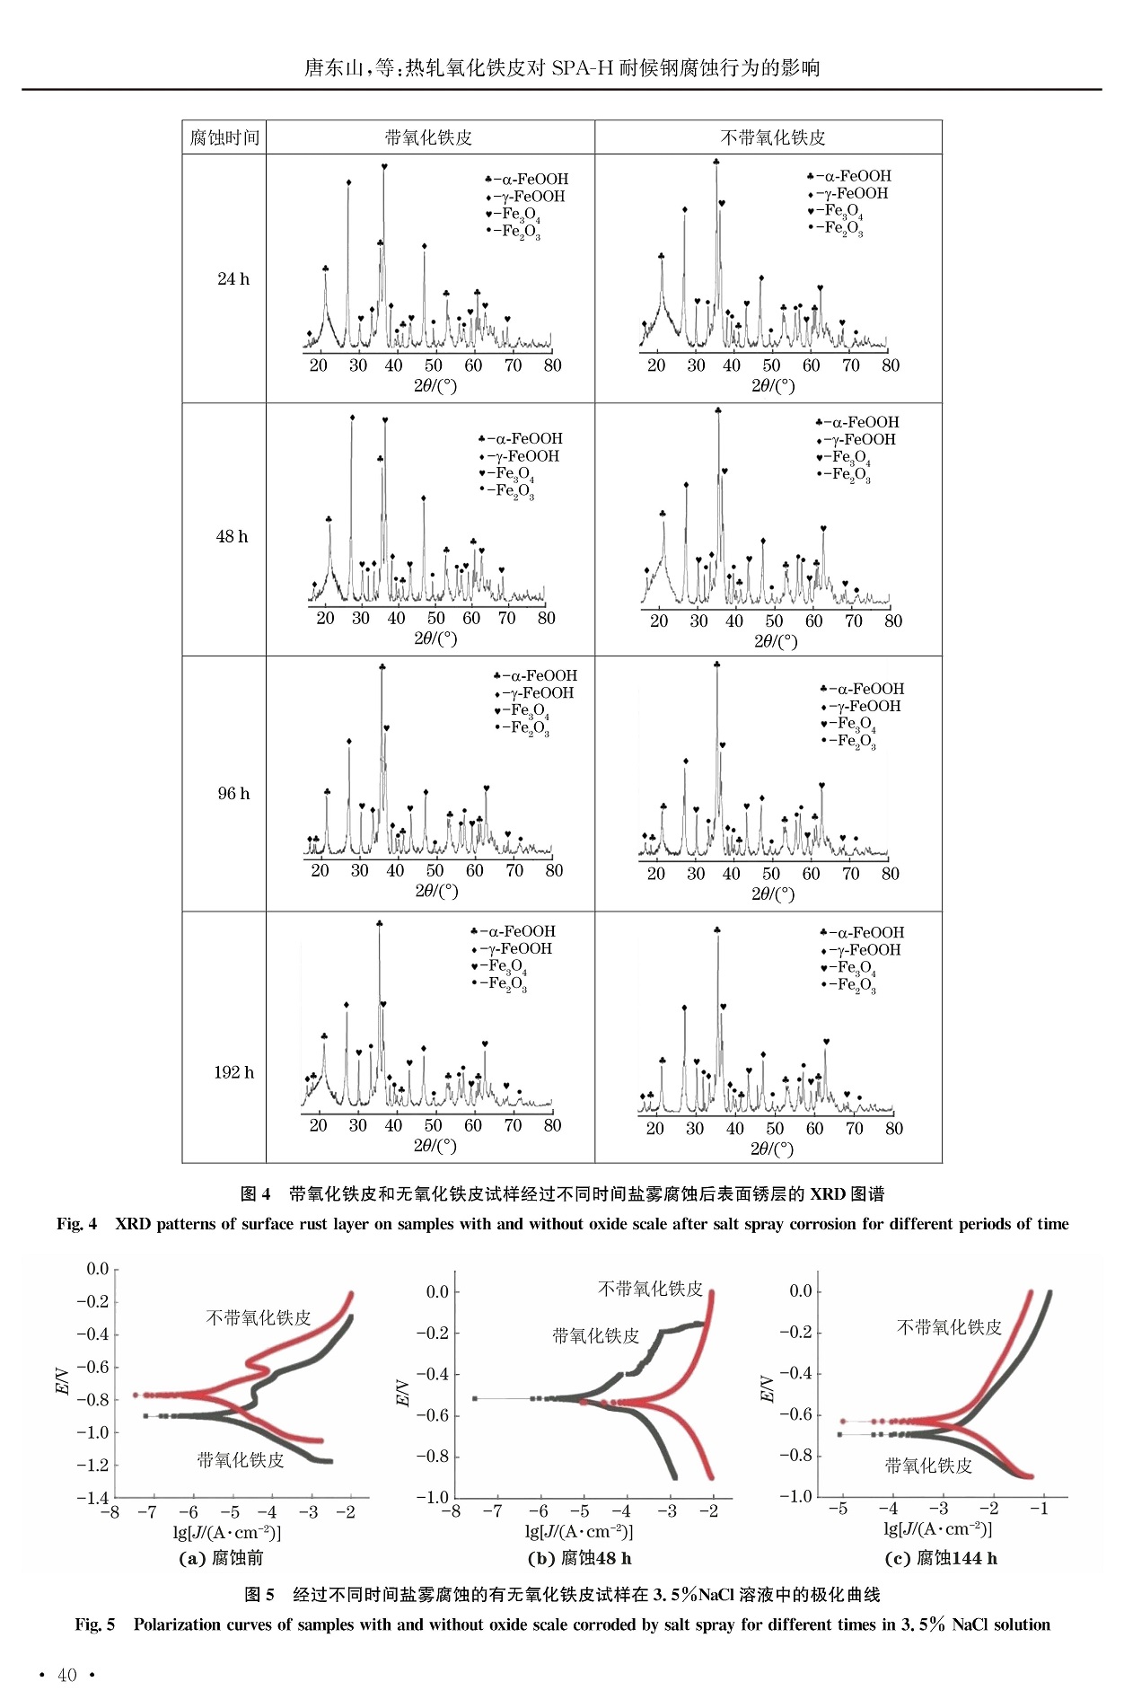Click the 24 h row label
(x=233, y=279)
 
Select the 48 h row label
(x=232, y=537)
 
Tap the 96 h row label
(x=233, y=794)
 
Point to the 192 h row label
(x=233, y=1073)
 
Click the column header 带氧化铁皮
(x=428, y=137)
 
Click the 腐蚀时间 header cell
(x=224, y=137)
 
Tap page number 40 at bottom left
(x=67, y=1675)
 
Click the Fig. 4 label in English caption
(x=76, y=1224)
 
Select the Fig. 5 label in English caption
(x=95, y=1624)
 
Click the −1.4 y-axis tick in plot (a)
(x=92, y=1498)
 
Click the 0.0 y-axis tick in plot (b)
(x=437, y=1292)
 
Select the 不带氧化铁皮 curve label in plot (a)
(x=259, y=1317)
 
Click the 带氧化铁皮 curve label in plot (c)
(x=928, y=1466)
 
